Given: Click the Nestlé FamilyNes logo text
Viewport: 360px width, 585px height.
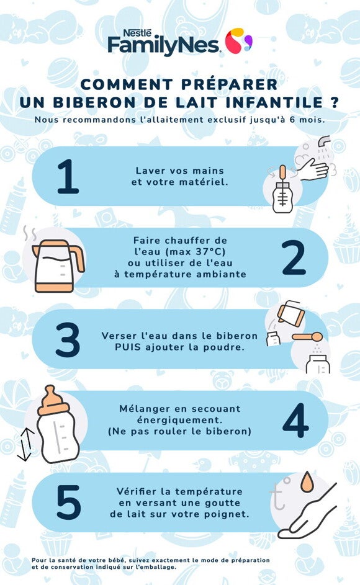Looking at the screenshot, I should pos(163,43).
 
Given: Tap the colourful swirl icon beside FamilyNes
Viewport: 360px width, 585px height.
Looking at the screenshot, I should pos(238,42).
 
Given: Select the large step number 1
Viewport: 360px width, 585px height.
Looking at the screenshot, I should pos(68,177).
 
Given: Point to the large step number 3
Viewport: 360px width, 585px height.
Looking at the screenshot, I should pos(68,339).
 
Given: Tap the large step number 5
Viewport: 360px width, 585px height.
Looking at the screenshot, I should pos(68,502).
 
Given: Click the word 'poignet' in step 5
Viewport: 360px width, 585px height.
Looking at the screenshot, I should pos(223,514).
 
